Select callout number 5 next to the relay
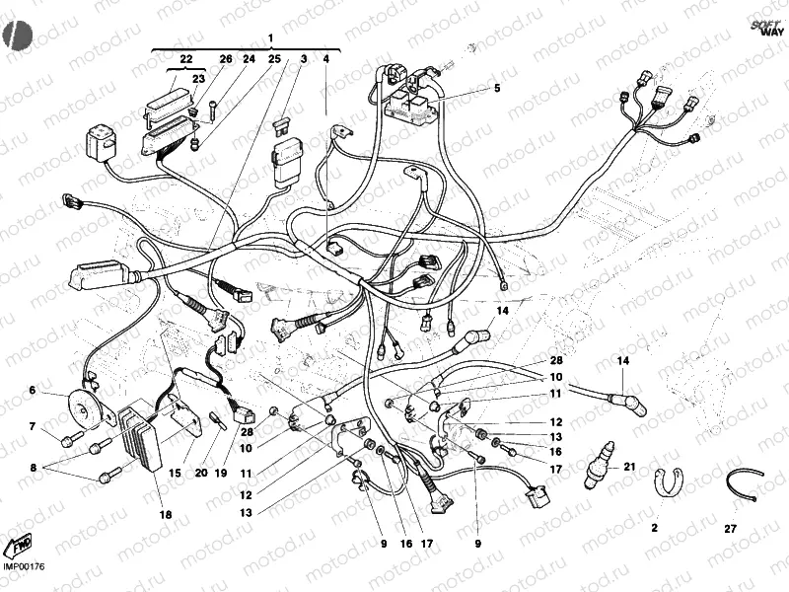tap(497, 89)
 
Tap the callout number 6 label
tap(32, 391)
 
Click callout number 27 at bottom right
tap(730, 529)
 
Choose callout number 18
tap(165, 514)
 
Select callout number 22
tap(186, 59)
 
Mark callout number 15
tap(175, 474)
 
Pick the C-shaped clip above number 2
tap(667, 481)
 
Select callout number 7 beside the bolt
tap(32, 426)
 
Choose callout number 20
tap(200, 474)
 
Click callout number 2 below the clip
tap(654, 529)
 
